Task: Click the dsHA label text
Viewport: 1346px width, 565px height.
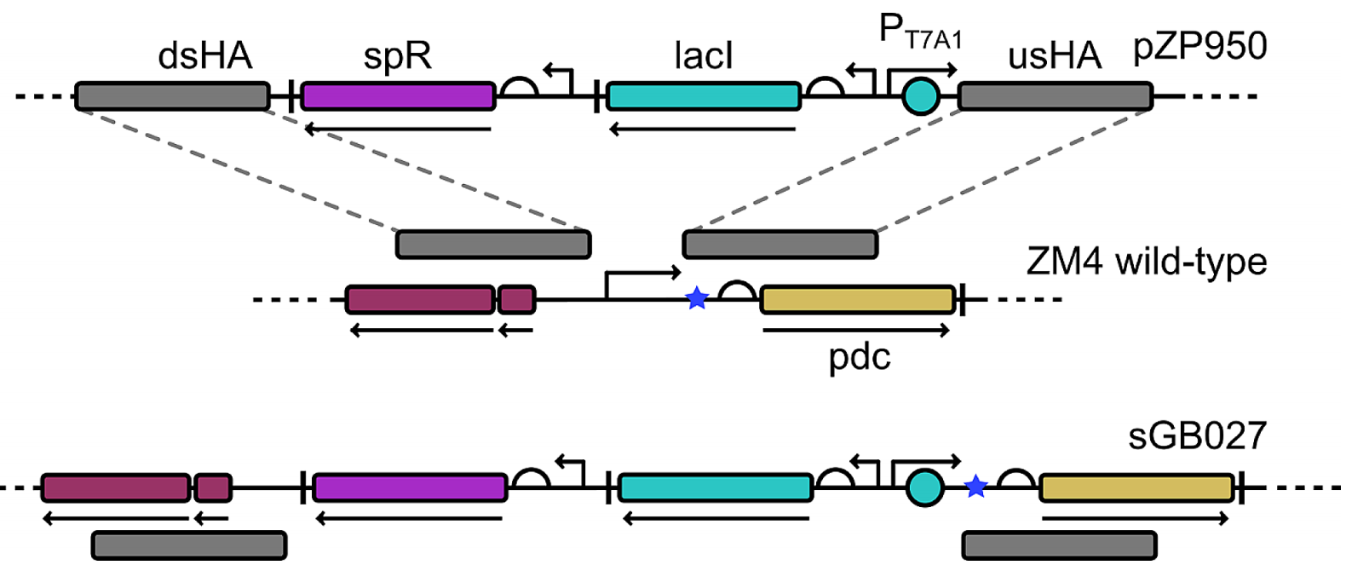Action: click(205, 56)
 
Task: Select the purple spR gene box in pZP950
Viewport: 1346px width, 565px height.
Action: click(398, 96)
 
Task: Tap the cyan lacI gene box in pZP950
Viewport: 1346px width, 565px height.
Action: click(704, 96)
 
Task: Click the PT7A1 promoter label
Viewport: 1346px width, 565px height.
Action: click(920, 33)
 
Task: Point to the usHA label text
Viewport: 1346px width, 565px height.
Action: click(1055, 56)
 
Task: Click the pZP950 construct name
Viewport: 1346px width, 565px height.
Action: click(1199, 46)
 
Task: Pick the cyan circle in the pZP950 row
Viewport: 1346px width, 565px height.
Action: click(921, 96)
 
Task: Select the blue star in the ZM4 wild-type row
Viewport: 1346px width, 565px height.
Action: click(698, 298)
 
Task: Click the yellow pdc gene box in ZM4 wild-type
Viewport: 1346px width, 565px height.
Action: click(857, 300)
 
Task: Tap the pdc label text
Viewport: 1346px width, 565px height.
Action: click(859, 356)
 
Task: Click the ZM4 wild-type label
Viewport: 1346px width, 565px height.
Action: click(1146, 261)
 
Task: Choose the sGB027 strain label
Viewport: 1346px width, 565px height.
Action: click(1197, 436)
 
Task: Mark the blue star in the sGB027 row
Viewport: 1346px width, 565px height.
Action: click(976, 487)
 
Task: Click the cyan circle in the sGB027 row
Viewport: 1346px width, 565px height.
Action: click(924, 488)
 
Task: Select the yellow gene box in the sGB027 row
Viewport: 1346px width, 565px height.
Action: click(1136, 488)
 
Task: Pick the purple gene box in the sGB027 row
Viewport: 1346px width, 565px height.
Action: click(410, 488)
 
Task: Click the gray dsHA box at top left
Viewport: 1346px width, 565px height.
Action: click(172, 96)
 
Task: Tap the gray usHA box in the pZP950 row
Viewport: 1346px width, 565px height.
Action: click(1056, 96)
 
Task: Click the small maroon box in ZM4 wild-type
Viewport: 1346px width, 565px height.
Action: click(517, 300)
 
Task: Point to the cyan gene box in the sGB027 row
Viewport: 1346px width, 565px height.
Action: click(716, 488)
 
